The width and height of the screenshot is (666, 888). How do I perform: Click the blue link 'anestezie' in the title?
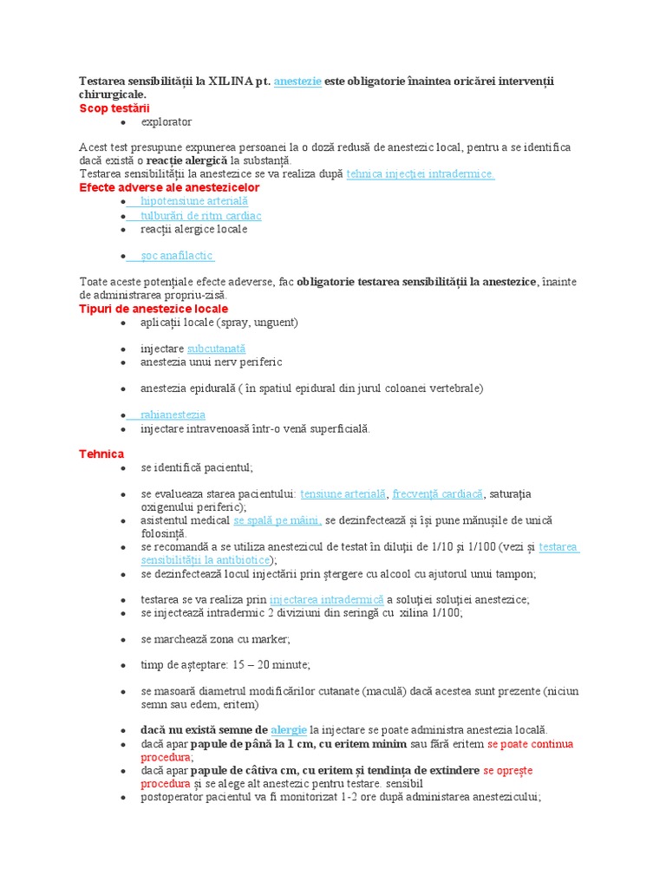(297, 81)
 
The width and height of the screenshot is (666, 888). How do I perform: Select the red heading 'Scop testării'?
(114, 108)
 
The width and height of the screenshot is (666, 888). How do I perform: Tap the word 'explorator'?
(166, 121)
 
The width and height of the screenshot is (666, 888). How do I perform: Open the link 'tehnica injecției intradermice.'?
(421, 174)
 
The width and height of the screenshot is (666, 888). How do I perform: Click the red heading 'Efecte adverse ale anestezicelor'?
(169, 187)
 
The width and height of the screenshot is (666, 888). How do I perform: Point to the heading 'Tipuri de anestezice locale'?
(153, 309)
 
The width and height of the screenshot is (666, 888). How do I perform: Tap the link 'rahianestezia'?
(173, 415)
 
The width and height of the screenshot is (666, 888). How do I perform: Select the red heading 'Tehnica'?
(101, 454)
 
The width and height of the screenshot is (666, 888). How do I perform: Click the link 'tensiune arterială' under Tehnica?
(343, 493)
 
